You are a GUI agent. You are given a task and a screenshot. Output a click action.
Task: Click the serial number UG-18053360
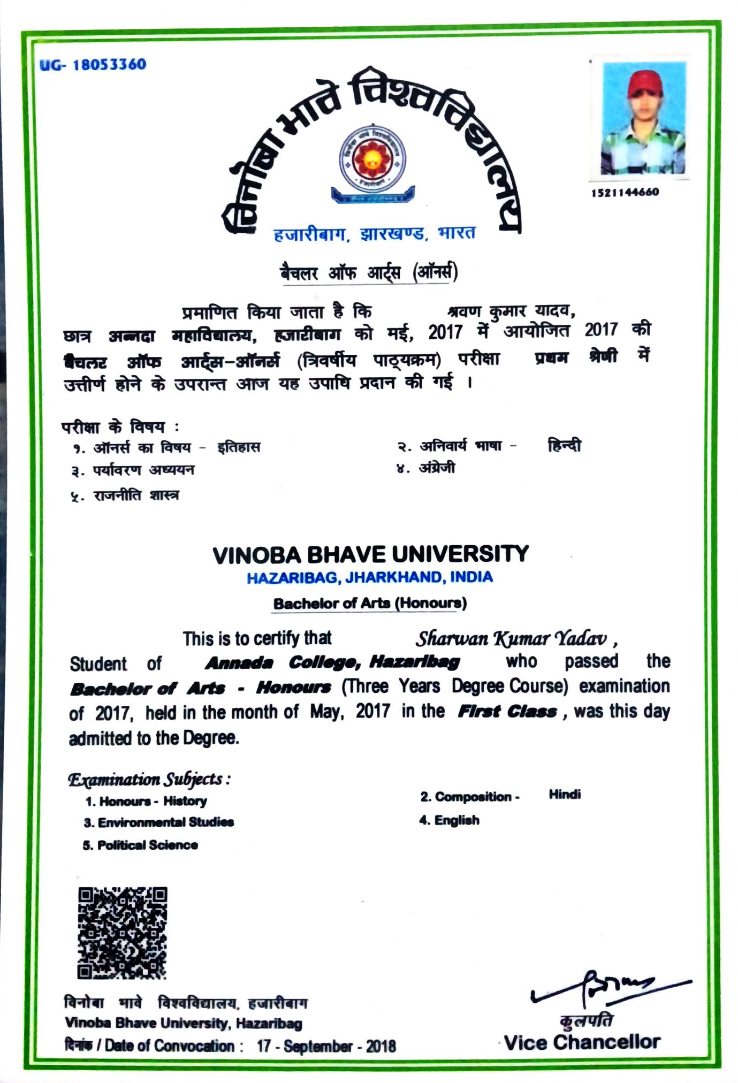click(93, 65)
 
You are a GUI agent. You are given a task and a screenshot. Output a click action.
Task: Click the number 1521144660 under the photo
click(625, 192)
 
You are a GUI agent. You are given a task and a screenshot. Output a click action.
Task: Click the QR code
click(122, 933)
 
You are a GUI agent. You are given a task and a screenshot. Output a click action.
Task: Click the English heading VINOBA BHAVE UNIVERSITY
click(370, 554)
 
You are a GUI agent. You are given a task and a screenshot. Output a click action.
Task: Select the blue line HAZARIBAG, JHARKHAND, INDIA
click(369, 578)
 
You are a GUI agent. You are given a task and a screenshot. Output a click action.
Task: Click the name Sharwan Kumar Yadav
click(512, 638)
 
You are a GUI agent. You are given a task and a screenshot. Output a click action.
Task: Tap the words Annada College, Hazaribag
click(332, 663)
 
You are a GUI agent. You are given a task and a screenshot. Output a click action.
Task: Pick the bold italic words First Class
click(507, 712)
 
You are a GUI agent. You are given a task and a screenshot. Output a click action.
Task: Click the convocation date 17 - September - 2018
click(326, 1046)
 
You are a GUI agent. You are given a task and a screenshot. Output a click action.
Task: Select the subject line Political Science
click(140, 845)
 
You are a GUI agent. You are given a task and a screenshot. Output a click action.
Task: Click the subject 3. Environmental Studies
click(158, 822)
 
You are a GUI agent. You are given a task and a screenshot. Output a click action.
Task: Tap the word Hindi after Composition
click(565, 795)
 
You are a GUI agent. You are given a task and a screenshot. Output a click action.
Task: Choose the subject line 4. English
click(449, 820)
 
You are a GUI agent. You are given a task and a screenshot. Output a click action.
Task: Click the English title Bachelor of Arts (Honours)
click(370, 604)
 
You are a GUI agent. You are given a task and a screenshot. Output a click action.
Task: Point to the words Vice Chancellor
click(582, 1042)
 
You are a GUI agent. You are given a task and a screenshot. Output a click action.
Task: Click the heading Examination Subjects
click(149, 780)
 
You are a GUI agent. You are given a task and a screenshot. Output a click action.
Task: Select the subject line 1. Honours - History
click(146, 801)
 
